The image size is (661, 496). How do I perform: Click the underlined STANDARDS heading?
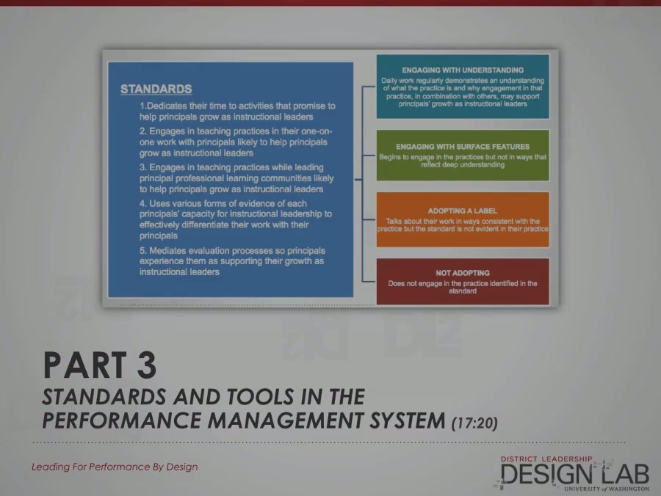(x=156, y=90)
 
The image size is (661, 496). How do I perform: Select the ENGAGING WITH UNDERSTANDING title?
(x=463, y=70)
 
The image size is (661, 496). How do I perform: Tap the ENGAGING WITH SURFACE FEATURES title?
(x=463, y=147)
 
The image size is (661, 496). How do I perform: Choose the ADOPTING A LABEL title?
(x=462, y=211)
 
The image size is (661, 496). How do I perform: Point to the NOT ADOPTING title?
(x=463, y=273)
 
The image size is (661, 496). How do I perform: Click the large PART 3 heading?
(x=100, y=365)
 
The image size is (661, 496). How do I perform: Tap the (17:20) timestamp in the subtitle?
(x=474, y=423)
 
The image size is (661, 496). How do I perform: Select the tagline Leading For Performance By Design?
(x=115, y=467)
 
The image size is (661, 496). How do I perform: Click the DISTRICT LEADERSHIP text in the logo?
(x=546, y=459)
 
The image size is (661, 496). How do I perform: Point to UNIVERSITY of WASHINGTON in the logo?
(x=607, y=489)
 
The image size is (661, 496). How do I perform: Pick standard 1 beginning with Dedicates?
(x=237, y=111)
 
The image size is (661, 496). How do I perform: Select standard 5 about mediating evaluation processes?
(x=232, y=261)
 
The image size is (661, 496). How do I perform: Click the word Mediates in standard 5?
(x=167, y=250)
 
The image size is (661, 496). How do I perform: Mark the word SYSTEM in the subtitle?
(x=407, y=420)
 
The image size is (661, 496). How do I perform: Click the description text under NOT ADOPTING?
(x=463, y=287)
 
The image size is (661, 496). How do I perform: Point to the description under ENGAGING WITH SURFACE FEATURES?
(x=463, y=161)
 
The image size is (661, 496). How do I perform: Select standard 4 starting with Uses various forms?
(x=236, y=219)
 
